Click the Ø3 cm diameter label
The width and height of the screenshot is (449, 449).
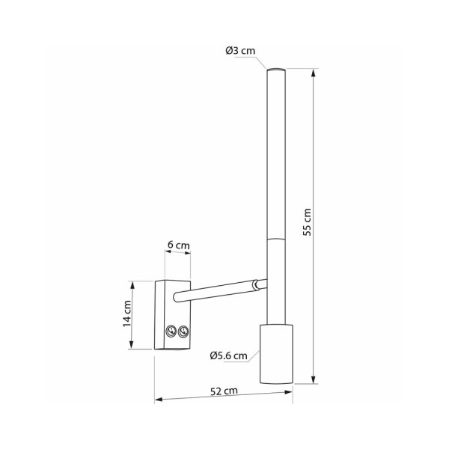tap(240, 51)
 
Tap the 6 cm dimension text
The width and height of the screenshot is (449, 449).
tap(177, 245)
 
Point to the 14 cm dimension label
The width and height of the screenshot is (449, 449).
tap(128, 314)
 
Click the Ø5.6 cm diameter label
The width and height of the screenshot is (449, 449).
tap(228, 355)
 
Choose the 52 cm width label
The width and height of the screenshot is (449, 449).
tap(224, 391)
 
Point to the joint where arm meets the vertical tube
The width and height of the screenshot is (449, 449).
tap(260, 284)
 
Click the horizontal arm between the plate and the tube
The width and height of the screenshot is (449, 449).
tap(217, 291)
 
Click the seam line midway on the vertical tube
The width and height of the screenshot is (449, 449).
tap(274, 238)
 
